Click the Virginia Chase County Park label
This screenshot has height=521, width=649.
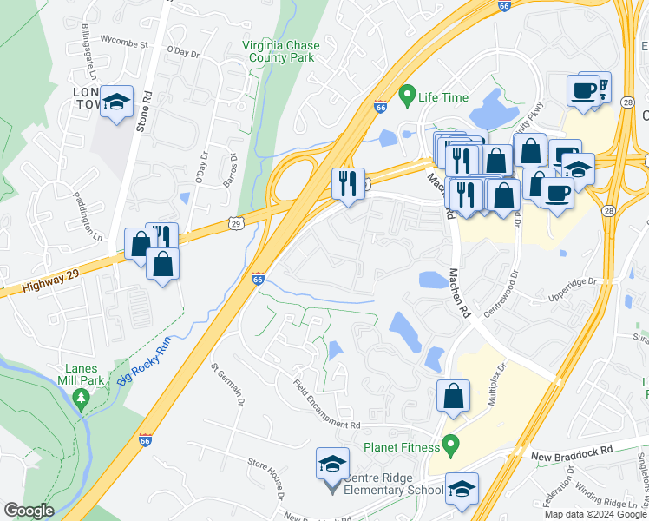pos(280,52)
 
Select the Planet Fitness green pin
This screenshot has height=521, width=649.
pos(449,446)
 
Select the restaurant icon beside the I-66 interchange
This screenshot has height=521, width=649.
pos(348,184)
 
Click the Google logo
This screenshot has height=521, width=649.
pos(29,511)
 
